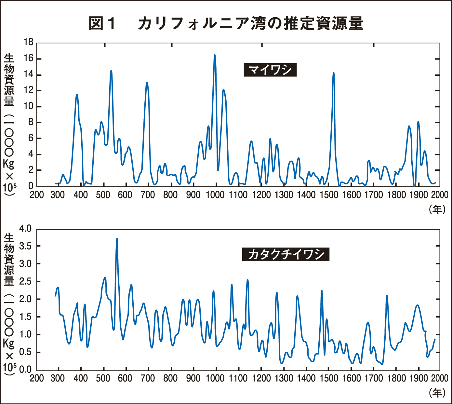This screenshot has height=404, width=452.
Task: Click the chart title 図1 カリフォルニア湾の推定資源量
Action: click(226, 24)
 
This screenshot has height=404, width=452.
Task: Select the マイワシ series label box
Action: click(270, 70)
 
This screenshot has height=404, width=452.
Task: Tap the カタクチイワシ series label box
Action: click(286, 254)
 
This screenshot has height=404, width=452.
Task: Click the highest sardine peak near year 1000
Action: click(215, 55)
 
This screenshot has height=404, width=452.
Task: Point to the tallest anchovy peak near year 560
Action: click(117, 239)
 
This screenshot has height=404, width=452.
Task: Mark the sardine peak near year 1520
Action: click(333, 73)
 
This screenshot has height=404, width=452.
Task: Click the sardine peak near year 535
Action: click(111, 71)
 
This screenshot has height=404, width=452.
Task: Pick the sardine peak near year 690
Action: click(147, 83)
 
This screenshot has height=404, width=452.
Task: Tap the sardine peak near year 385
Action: click(77, 95)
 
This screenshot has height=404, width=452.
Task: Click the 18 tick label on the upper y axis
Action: click(29, 42)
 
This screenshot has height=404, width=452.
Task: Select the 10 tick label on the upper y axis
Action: click(29, 106)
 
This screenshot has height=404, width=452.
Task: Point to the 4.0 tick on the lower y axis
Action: click(25, 229)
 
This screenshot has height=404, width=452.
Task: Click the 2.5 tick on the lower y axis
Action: click(25, 282)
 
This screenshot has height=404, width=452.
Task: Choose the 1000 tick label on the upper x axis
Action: click(215, 195)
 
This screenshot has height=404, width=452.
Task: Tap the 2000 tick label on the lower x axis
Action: click(440, 378)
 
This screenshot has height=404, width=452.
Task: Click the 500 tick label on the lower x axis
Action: click(103, 378)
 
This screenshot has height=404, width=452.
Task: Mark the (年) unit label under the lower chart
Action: click(437, 393)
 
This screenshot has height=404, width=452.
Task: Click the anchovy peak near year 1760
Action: click(387, 296)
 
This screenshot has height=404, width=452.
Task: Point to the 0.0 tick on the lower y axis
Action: click(25, 370)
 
